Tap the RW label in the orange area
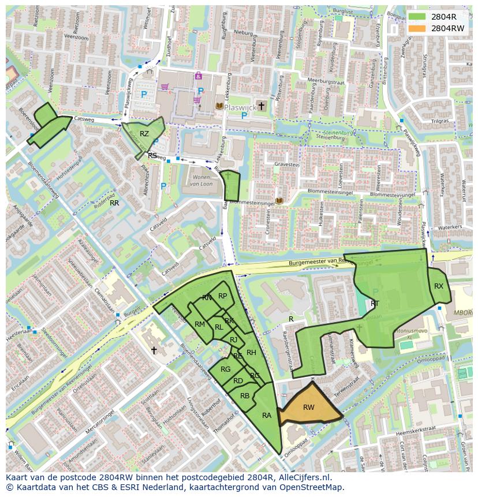(x=309, y=408)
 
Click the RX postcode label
(x=439, y=286)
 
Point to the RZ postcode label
(x=144, y=134)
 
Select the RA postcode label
(x=267, y=416)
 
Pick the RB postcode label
(x=245, y=396)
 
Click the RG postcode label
(x=225, y=369)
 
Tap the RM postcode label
(x=200, y=324)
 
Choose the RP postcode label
(x=222, y=296)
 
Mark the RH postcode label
(x=251, y=353)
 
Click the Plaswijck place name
(x=239, y=107)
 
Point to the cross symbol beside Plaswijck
(x=262, y=106)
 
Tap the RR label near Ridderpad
(x=114, y=203)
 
